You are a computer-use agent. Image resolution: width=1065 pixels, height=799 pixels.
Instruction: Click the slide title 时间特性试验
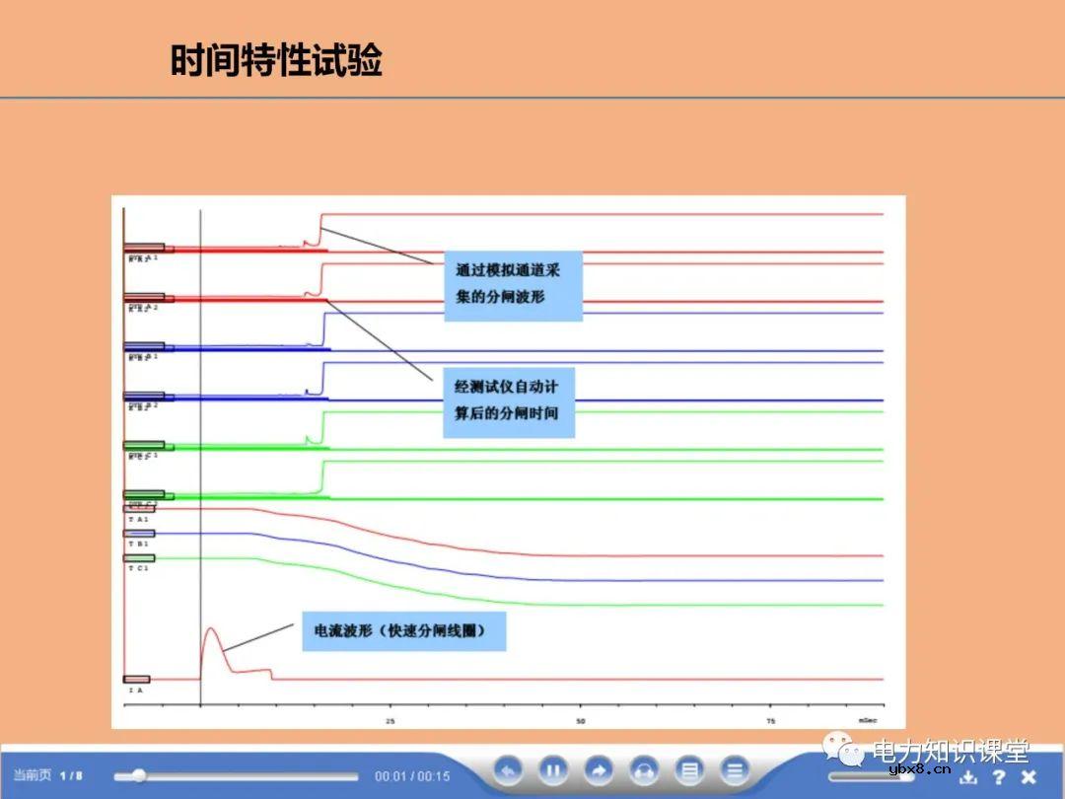click(x=276, y=61)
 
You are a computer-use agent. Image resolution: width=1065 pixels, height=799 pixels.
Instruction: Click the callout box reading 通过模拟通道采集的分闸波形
click(x=513, y=282)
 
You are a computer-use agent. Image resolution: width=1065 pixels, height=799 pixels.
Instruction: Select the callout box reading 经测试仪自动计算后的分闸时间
click(x=507, y=399)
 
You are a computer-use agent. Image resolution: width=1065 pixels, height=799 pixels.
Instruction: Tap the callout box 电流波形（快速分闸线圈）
click(x=403, y=630)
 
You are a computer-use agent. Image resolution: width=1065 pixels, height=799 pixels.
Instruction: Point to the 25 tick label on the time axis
click(x=390, y=721)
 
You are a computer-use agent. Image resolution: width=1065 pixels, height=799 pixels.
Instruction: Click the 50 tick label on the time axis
click(x=581, y=721)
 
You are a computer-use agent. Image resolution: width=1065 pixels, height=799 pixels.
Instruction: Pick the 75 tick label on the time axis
click(x=771, y=721)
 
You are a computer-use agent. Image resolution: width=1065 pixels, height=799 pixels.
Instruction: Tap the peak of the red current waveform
click(x=210, y=628)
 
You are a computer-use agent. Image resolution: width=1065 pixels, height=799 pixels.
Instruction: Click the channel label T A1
click(x=137, y=519)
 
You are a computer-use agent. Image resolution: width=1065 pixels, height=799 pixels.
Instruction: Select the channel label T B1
click(x=137, y=544)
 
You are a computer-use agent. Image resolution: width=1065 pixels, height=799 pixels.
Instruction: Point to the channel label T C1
click(x=137, y=569)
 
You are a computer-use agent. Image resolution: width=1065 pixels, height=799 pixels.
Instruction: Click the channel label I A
click(x=135, y=690)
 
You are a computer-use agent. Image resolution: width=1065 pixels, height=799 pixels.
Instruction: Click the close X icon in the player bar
click(x=1029, y=776)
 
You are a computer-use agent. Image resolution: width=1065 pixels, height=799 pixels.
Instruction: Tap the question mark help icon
click(x=999, y=776)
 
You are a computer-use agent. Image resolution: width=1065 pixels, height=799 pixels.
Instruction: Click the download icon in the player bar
click(x=967, y=776)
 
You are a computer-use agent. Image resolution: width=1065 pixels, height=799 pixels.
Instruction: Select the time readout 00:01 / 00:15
click(x=412, y=776)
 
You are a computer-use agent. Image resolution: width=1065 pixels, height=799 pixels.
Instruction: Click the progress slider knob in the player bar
click(x=139, y=775)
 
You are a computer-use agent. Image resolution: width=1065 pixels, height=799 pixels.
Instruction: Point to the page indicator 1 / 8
click(x=71, y=775)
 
